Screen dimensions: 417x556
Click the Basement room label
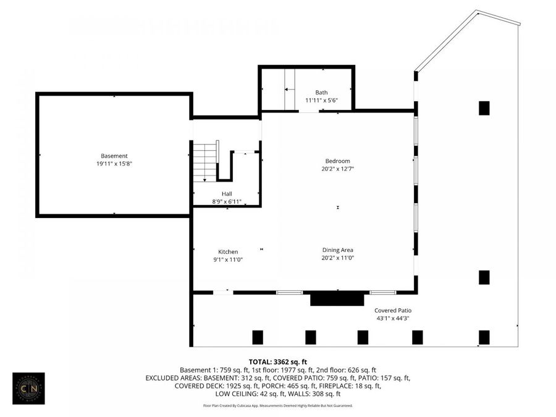pyautogui.click(x=114, y=156)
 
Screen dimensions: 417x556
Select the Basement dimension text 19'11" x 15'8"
pyautogui.click(x=114, y=164)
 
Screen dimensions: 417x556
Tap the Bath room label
pyautogui.click(x=321, y=92)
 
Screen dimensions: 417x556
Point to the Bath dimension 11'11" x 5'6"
pyautogui.click(x=321, y=100)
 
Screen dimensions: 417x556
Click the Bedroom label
pyautogui.click(x=337, y=161)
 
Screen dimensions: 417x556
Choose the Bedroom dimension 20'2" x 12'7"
pyautogui.click(x=337, y=169)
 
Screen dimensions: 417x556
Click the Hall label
pyautogui.click(x=227, y=193)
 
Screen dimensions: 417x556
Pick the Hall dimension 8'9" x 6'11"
pyautogui.click(x=227, y=201)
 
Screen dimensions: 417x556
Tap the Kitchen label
pyautogui.click(x=228, y=251)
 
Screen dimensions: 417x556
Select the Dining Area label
pyautogui.click(x=337, y=250)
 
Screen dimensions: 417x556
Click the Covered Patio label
pyautogui.click(x=392, y=310)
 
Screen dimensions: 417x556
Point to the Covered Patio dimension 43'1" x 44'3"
pyautogui.click(x=392, y=318)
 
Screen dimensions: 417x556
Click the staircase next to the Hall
pyautogui.click(x=206, y=162)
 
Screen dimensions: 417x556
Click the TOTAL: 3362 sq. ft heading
pyautogui.click(x=277, y=361)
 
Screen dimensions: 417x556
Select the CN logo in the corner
pyautogui.click(x=28, y=388)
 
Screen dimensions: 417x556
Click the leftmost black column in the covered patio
pyautogui.click(x=258, y=337)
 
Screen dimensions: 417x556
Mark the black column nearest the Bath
pyautogui.click(x=484, y=108)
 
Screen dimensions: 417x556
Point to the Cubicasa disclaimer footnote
pyautogui.click(x=277, y=406)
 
